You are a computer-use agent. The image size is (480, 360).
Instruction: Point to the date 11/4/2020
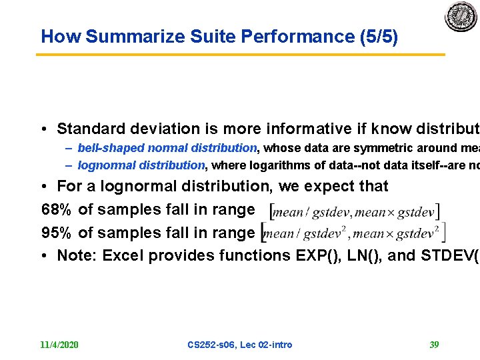[59, 345]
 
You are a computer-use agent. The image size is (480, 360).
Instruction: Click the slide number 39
[434, 345]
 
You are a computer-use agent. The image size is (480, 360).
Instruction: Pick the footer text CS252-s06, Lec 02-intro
[239, 345]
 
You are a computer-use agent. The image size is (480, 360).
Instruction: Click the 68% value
[57, 210]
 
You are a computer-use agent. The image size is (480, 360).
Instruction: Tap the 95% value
[57, 233]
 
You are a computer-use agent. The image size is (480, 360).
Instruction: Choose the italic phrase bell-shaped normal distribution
[167, 148]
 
